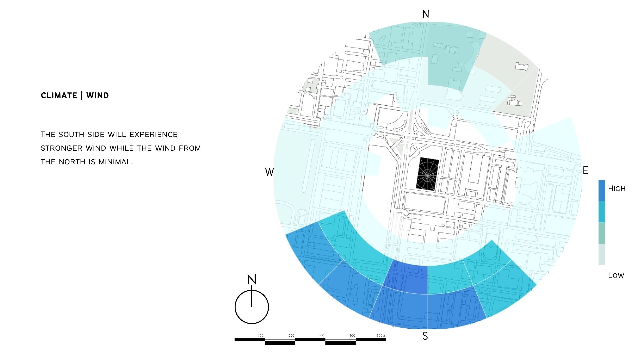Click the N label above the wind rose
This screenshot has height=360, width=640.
pos(426,14)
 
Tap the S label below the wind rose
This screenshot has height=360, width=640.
pos(425,336)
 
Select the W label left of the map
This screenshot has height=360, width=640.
pos(269,172)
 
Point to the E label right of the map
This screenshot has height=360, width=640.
pos(586,170)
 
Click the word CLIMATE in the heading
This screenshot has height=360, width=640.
pos(59,95)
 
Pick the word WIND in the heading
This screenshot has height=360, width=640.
pos(98,95)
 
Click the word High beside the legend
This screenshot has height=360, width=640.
pos(617,188)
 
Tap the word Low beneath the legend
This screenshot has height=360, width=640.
pos(616,275)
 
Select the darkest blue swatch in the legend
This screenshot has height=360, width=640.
pos(602,191)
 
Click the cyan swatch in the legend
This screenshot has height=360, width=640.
pos(602,212)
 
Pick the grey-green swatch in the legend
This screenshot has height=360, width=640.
pos(602,233)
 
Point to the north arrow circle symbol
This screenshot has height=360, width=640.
pos(252,307)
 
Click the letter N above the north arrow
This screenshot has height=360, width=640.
pos(252,279)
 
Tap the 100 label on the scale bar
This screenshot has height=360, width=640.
pos(261,336)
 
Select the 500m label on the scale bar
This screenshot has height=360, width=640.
pos(381,336)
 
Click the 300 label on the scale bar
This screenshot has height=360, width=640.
pos(321,335)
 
